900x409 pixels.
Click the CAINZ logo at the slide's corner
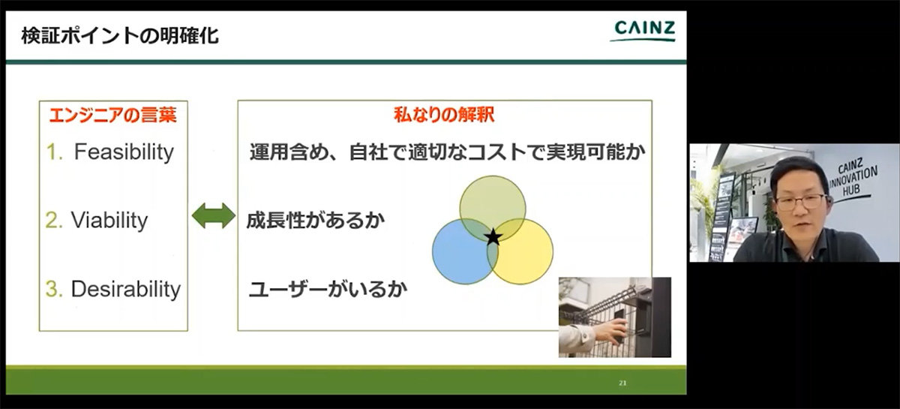(643, 31)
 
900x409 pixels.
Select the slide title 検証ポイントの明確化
(120, 36)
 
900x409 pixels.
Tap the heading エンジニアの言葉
(113, 116)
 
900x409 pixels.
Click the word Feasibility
(124, 152)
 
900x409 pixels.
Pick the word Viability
(109, 221)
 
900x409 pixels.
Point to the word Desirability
(126, 289)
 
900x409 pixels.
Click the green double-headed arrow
(213, 215)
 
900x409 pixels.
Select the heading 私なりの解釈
(444, 115)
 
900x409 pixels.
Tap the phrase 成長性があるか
(316, 221)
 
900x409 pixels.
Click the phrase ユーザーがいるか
(328, 289)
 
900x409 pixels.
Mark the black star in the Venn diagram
(493, 236)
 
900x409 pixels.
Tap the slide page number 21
(622, 383)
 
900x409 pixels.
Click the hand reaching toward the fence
(609, 332)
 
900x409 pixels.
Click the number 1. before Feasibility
(54, 152)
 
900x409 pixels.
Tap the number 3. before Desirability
(54, 289)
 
